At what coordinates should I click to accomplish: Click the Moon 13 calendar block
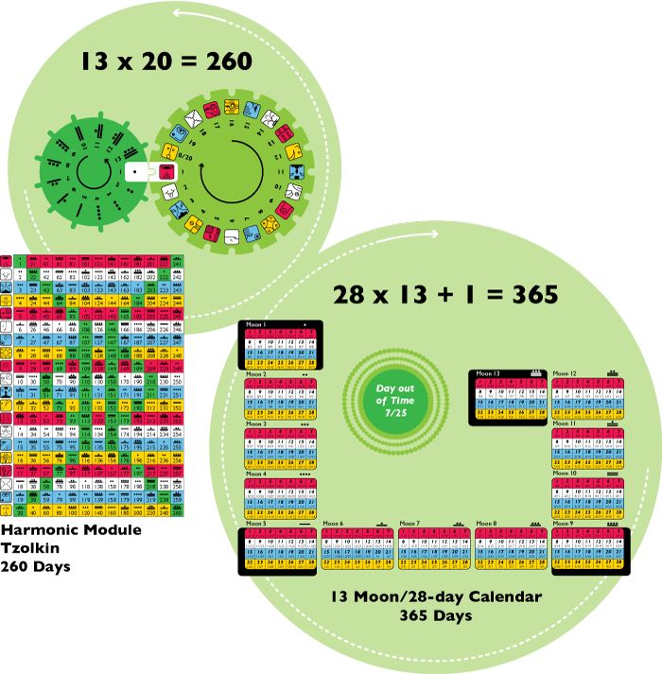click(x=507, y=395)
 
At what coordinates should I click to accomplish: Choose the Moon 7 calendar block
click(x=433, y=547)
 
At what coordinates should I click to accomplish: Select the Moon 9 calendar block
click(x=585, y=547)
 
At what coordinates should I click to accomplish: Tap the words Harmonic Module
click(x=71, y=530)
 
